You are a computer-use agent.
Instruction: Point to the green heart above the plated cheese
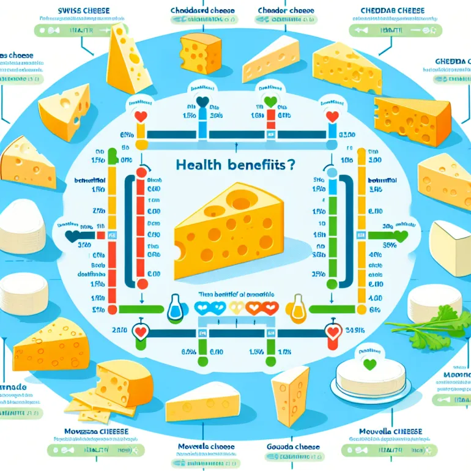click(x=368, y=364)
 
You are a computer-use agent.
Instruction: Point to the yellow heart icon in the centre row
click(x=236, y=308)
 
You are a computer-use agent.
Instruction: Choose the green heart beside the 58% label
click(x=401, y=235)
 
